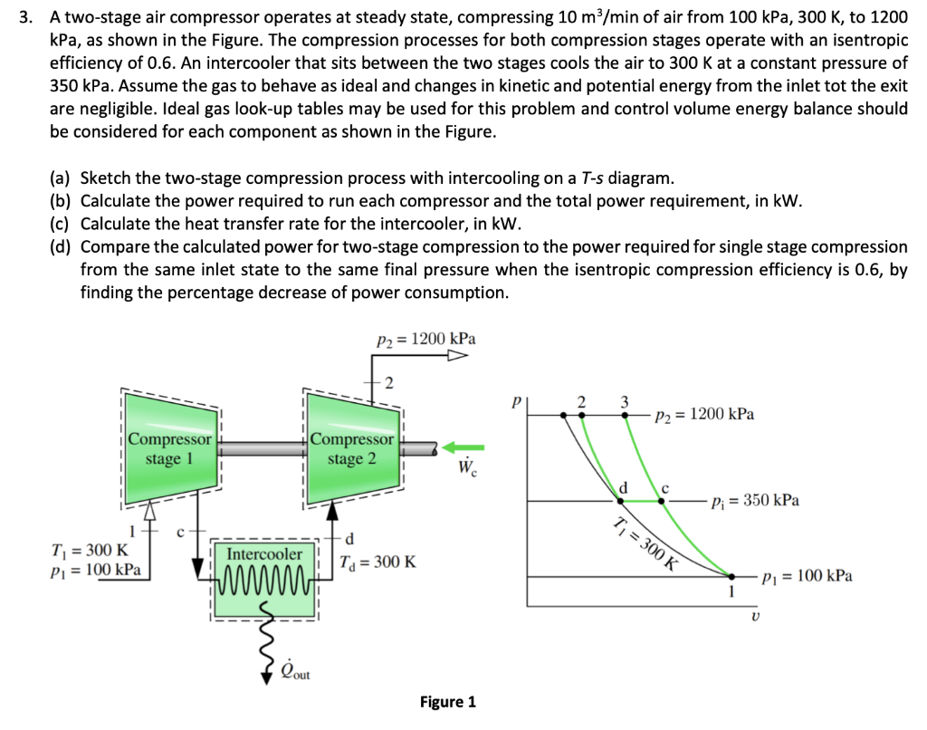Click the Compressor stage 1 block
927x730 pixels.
click(169, 448)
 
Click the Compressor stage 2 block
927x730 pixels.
click(351, 448)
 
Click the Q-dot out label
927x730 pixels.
click(291, 670)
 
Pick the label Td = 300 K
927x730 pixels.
click(379, 562)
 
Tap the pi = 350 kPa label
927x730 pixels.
click(755, 501)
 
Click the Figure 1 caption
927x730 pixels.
click(447, 702)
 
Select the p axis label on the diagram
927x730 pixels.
click(517, 399)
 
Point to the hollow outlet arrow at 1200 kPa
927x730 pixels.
click(456, 356)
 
